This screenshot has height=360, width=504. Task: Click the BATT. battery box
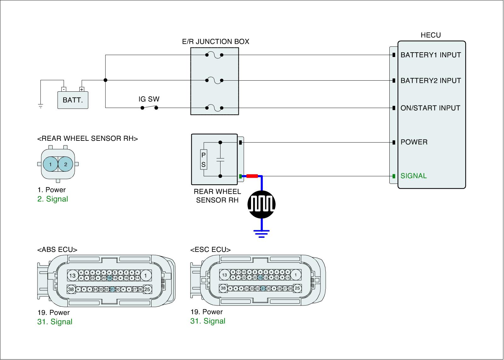(x=73, y=100)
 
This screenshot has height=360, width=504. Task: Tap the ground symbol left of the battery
(x=40, y=106)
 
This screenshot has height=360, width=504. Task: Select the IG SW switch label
(x=149, y=99)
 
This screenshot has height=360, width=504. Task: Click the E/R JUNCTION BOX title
(x=215, y=42)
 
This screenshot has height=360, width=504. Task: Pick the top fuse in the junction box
(x=214, y=55)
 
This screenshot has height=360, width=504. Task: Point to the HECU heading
(x=431, y=35)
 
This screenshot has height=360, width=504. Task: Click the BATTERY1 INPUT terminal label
(x=431, y=55)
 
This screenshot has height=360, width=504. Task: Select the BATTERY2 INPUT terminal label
(x=431, y=81)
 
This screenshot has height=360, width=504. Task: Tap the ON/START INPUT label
(x=430, y=108)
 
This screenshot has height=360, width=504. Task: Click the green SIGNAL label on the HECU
(x=414, y=176)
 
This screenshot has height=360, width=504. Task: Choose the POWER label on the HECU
(x=414, y=142)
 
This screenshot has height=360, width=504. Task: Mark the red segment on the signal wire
(x=252, y=176)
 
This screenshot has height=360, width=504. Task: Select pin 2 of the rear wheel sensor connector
(x=66, y=164)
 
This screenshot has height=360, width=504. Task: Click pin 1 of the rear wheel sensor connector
(x=50, y=164)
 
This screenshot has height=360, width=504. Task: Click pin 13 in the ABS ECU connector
(x=72, y=276)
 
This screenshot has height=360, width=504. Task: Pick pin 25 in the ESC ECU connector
(x=297, y=288)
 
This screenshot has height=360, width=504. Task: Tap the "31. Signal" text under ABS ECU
(x=55, y=322)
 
